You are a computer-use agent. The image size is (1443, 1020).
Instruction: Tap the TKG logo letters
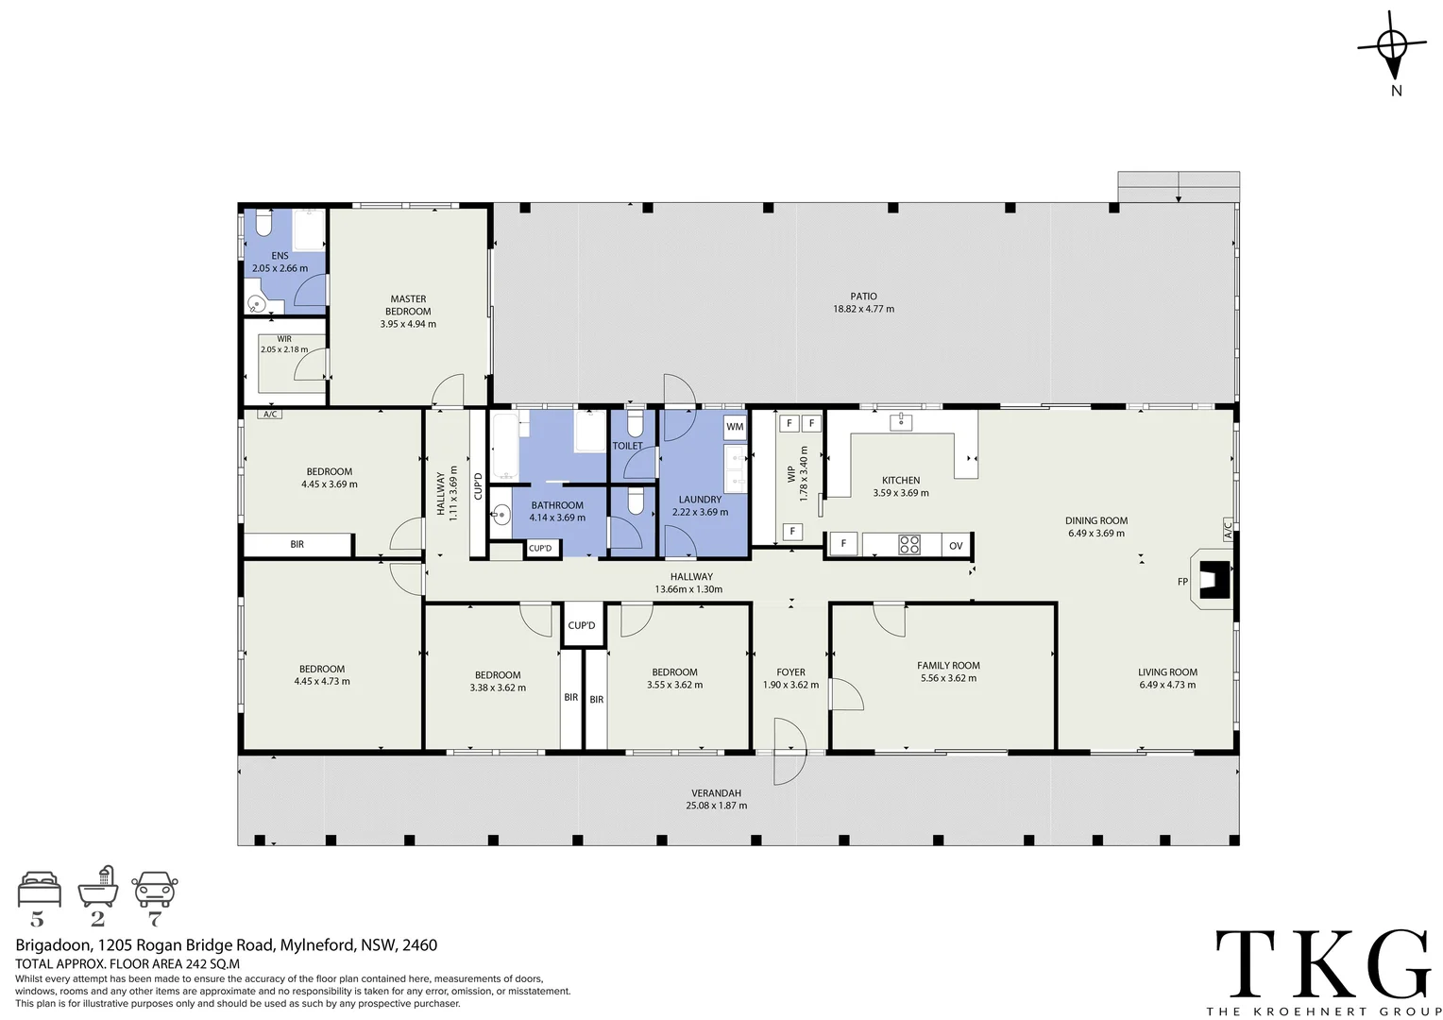point(1323,963)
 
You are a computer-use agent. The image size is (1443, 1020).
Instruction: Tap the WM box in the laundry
point(735,427)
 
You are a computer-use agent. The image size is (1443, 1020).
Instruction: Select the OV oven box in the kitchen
point(956,545)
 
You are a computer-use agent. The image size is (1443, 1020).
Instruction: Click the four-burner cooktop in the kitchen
point(908,544)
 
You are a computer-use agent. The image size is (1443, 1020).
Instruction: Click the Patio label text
point(863,297)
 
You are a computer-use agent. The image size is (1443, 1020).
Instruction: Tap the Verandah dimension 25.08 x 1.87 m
point(716,806)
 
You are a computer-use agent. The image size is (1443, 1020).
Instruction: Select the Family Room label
point(948,666)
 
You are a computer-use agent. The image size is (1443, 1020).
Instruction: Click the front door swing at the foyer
point(788,753)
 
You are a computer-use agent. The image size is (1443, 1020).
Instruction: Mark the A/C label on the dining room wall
point(1228,530)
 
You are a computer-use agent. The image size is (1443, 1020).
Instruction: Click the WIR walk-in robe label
point(284,339)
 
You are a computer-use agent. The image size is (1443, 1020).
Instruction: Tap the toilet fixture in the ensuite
point(263,224)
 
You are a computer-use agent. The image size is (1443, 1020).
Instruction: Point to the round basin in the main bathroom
point(501,515)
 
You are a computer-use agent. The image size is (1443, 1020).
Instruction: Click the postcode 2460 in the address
point(419,945)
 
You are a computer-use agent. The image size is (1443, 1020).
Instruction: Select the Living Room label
point(1167,672)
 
